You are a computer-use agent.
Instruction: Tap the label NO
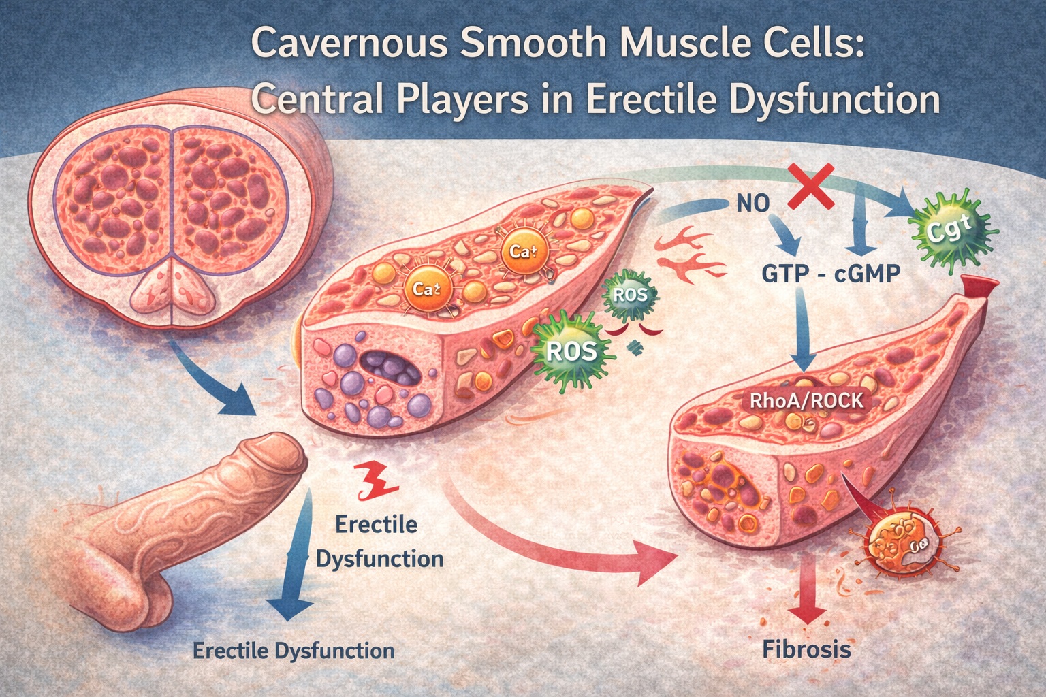(x=752, y=203)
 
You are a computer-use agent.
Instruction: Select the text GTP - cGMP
(x=829, y=274)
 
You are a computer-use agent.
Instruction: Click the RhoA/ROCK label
(x=806, y=400)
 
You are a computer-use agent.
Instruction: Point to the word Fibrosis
(x=806, y=649)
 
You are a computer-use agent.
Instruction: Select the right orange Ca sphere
(x=520, y=251)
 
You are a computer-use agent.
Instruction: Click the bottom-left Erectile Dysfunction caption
(x=294, y=650)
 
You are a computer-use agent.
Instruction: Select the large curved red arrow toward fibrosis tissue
(x=558, y=538)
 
